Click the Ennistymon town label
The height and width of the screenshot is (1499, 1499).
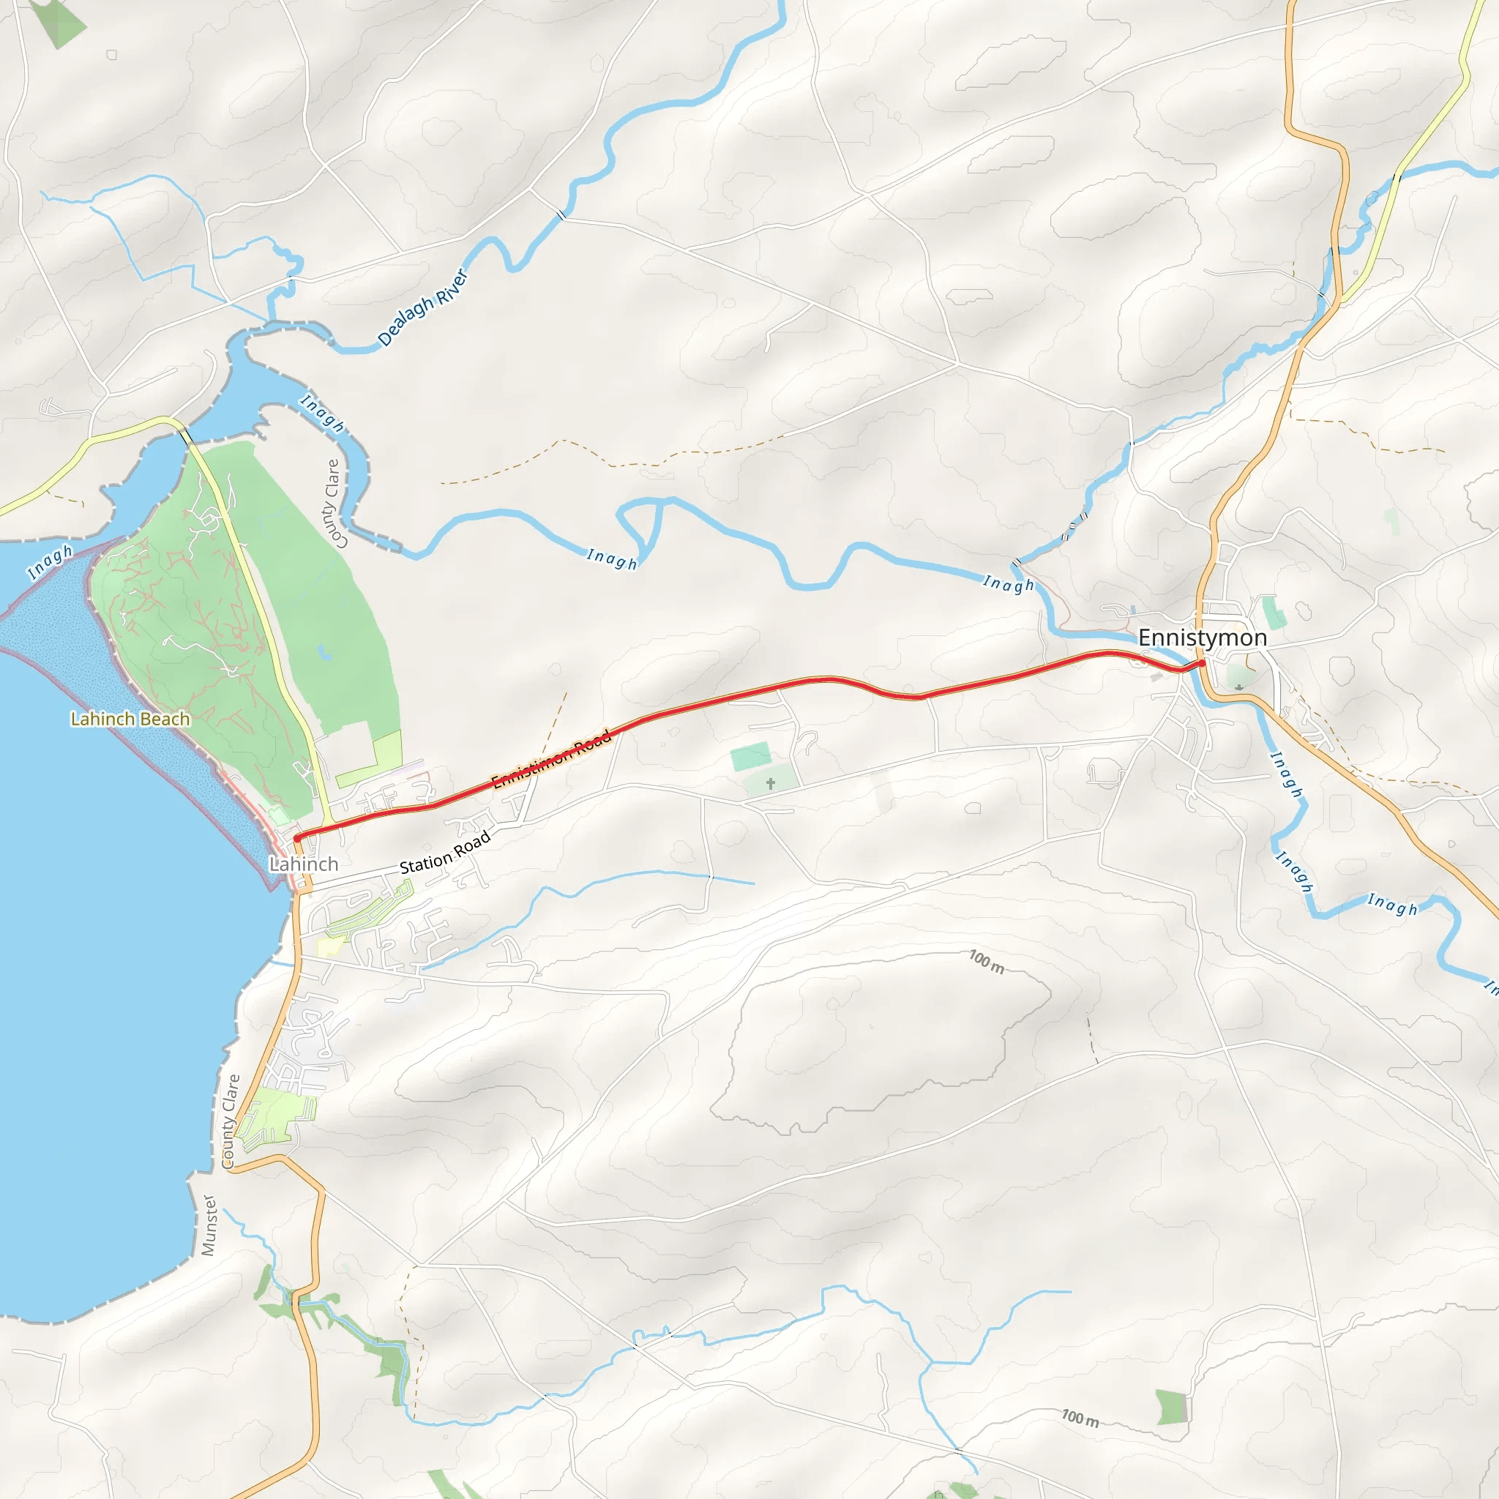(x=1202, y=638)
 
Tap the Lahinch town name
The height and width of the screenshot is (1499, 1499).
(x=303, y=864)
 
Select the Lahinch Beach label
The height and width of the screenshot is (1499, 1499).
(x=130, y=719)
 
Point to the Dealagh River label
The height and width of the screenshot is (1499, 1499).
(x=423, y=308)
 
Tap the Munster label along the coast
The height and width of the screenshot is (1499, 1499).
(x=209, y=1225)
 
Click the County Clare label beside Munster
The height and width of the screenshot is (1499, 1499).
(x=231, y=1121)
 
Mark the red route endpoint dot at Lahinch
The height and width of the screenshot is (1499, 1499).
(x=297, y=839)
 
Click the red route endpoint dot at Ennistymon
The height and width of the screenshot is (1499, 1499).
(x=1201, y=662)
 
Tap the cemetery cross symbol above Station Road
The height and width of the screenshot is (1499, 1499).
(x=771, y=784)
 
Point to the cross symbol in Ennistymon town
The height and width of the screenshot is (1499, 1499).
(x=1239, y=687)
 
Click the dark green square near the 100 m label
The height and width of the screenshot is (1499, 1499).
(x=1172, y=1408)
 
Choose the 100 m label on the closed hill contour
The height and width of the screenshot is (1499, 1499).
(x=986, y=961)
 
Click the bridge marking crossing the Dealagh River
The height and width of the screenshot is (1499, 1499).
(x=561, y=212)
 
